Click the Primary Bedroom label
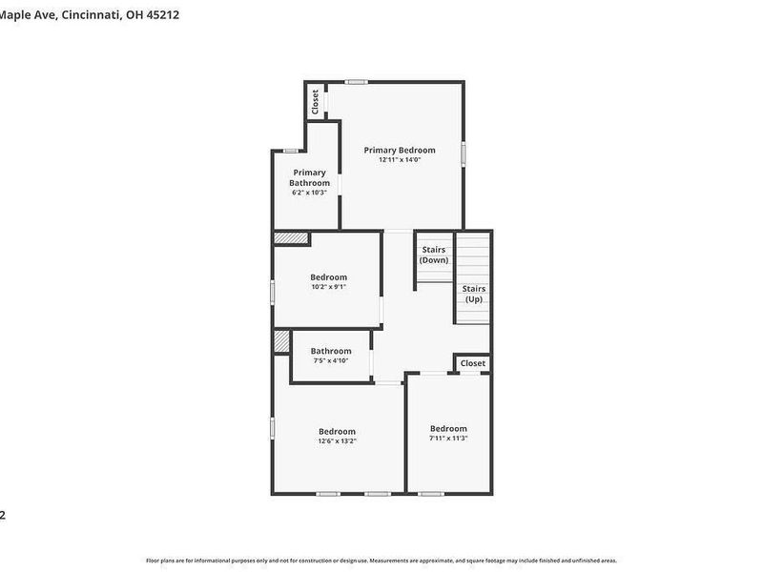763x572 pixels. tap(400, 150)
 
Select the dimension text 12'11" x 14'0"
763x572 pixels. tap(400, 160)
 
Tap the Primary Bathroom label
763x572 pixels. tap(309, 177)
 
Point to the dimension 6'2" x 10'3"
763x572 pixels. tap(309, 193)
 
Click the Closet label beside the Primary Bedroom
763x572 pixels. tap(316, 100)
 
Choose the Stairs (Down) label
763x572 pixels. tap(434, 255)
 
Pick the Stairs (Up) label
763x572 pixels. tap(474, 294)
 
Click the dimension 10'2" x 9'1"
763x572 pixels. tap(328, 287)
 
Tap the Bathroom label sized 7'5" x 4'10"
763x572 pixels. tap(331, 351)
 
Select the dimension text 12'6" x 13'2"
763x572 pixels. tap(337, 441)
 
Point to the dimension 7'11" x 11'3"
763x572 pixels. tap(448, 439)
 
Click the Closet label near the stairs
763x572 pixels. tap(473, 363)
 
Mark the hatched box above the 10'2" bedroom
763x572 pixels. tap(291, 238)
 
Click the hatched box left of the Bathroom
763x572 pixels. tap(281, 341)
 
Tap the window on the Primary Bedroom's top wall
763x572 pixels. tap(358, 82)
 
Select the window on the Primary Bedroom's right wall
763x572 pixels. tap(464, 153)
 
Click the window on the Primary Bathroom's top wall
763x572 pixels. tap(290, 151)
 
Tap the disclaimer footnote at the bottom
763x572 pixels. tap(381, 561)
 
